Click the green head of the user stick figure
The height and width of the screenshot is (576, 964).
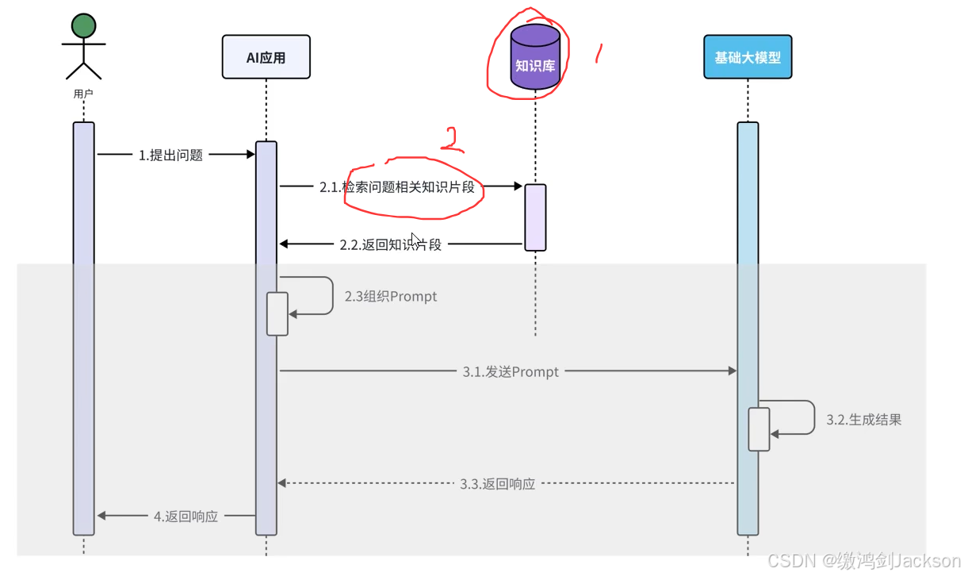coord(83,26)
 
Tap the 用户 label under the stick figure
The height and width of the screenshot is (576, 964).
coord(83,94)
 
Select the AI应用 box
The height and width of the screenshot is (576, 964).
coord(266,57)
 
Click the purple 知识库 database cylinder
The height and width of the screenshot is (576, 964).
coord(535,57)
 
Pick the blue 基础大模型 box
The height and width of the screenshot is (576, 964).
coord(748,57)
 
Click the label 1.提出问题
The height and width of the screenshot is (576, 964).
coord(170,156)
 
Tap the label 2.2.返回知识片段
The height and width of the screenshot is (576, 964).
coord(390,245)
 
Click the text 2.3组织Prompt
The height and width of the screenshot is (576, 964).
coord(390,297)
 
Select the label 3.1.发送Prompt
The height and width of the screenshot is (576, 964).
coord(511,371)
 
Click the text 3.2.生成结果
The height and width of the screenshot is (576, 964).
coord(863,420)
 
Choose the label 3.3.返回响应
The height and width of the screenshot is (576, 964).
coord(497,483)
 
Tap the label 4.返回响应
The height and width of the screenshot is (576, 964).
coord(186,516)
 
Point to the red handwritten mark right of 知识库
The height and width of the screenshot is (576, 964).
coord(599,54)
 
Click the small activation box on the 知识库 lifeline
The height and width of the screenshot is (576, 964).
coord(535,217)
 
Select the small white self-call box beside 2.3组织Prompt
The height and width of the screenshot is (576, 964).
coord(277,314)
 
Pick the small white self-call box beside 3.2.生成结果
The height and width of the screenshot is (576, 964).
coord(759,429)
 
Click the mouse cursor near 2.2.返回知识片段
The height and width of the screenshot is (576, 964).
coord(415,239)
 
